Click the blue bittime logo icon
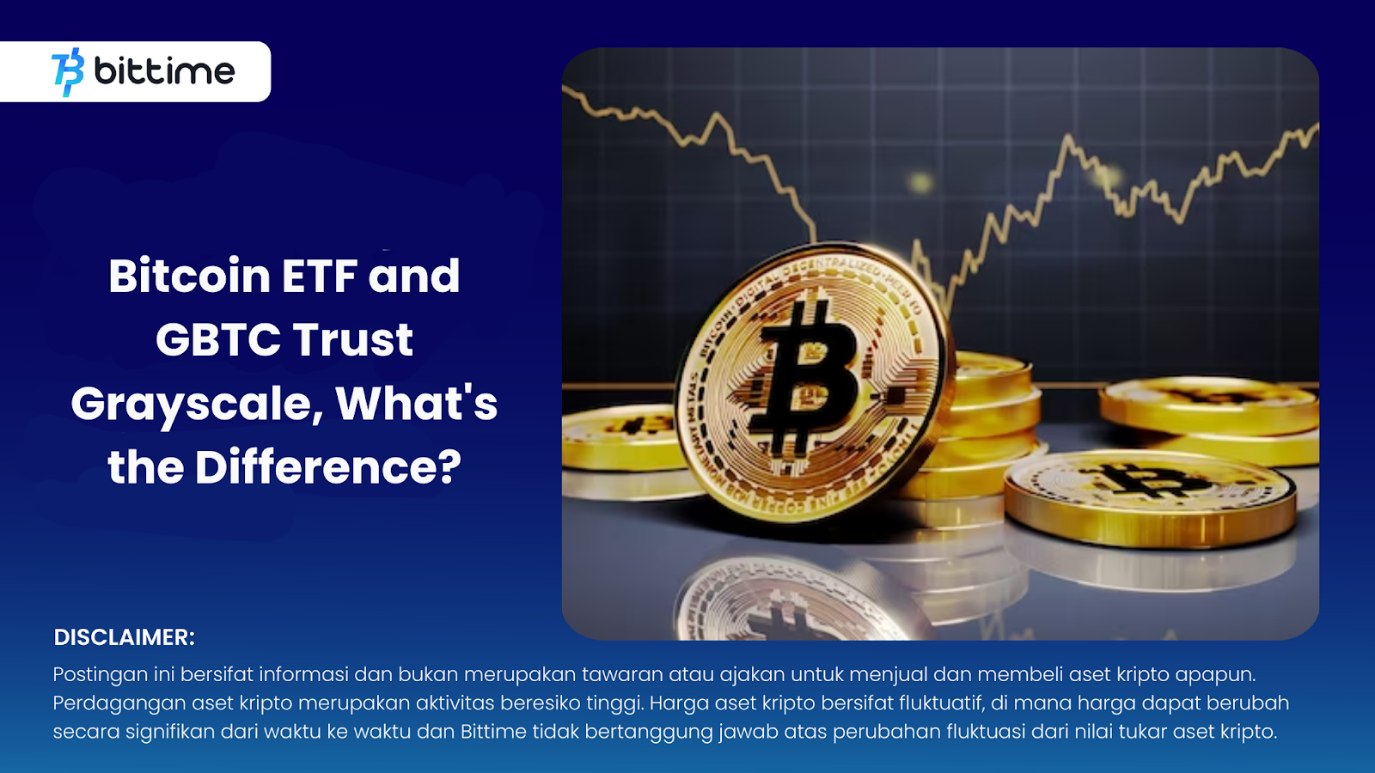point(68,72)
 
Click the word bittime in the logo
point(164,70)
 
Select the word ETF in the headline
point(319,276)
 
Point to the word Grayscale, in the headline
point(197,405)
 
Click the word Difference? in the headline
point(327,467)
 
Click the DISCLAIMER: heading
point(124,637)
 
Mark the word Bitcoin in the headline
point(190,276)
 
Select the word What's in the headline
point(416,404)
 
